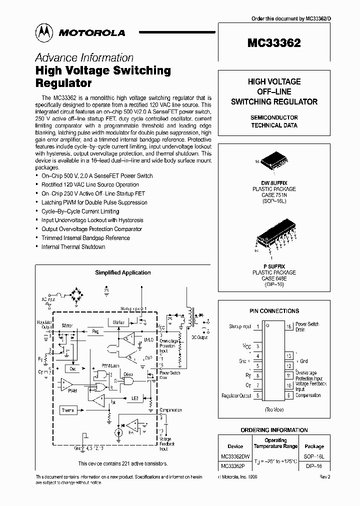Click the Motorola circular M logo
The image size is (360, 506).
coord(45,32)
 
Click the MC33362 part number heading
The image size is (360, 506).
coord(273,43)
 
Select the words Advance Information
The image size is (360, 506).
coord(84,57)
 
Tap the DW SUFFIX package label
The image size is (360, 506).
coord(273,183)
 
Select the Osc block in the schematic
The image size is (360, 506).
coord(73,368)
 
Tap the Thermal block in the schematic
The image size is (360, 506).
coord(68,410)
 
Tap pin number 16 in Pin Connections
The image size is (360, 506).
coord(289,326)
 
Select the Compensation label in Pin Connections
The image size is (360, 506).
coord(308,395)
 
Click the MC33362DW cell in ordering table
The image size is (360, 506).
coord(235,457)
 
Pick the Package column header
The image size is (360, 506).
coord(314,446)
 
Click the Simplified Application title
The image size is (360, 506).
coord(122,272)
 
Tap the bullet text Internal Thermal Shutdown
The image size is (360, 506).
coord(73,247)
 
